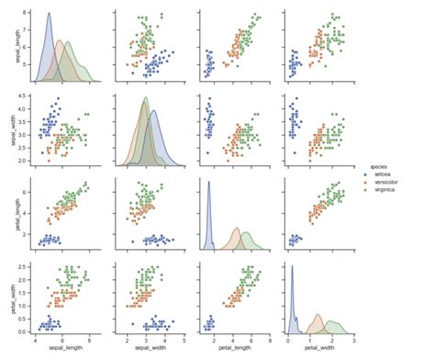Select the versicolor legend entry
click(x=386, y=181)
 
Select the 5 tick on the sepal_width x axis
click(x=184, y=341)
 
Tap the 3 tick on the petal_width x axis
click(x=354, y=341)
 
